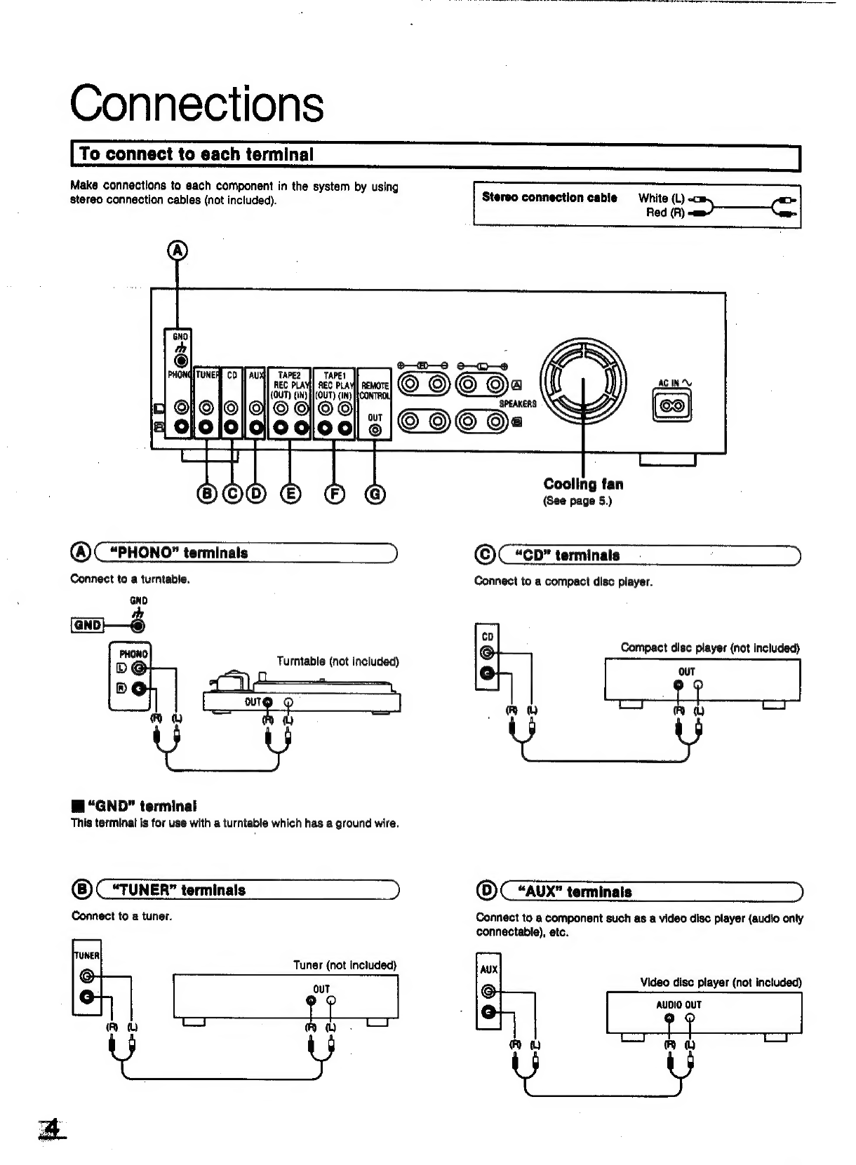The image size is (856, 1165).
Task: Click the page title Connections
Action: tap(196, 104)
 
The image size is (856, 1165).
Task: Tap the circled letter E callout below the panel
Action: tap(290, 494)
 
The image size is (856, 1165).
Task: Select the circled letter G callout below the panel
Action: tap(375, 494)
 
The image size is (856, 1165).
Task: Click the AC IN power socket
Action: tap(672, 407)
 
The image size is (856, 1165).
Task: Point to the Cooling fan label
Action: tap(583, 484)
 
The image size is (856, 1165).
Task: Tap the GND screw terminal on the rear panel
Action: tap(181, 361)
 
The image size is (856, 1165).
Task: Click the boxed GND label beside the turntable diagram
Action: tap(88, 626)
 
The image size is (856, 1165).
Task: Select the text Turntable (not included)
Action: tap(337, 661)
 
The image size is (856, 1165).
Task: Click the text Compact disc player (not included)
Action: tap(709, 648)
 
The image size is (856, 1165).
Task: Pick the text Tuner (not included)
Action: tap(345, 965)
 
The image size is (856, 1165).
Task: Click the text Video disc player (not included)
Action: tap(720, 983)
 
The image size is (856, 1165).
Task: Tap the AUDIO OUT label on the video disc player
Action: tap(678, 1005)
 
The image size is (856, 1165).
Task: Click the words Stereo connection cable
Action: tap(549, 198)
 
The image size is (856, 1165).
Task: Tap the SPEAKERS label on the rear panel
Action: tap(518, 404)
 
